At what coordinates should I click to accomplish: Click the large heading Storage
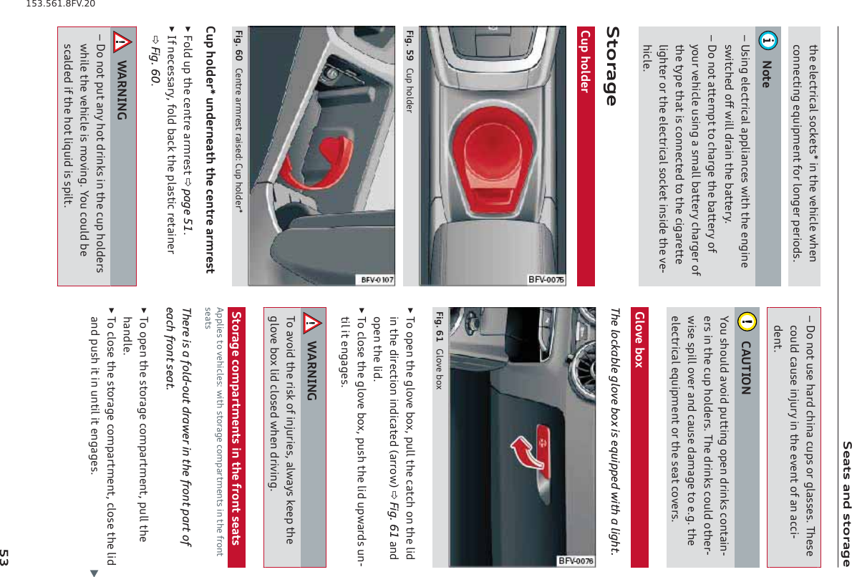click(x=611, y=66)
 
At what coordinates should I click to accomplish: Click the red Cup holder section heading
click(x=586, y=62)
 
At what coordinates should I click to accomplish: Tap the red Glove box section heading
click(x=639, y=339)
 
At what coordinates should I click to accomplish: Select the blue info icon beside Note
click(x=768, y=40)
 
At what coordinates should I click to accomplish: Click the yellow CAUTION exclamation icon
click(x=747, y=321)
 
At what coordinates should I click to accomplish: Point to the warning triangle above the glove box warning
click(x=312, y=323)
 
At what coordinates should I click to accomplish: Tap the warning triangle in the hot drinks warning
click(x=122, y=42)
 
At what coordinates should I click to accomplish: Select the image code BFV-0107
click(x=377, y=280)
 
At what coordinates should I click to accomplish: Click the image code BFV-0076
click(x=576, y=561)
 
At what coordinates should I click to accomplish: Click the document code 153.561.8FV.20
click(x=60, y=4)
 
